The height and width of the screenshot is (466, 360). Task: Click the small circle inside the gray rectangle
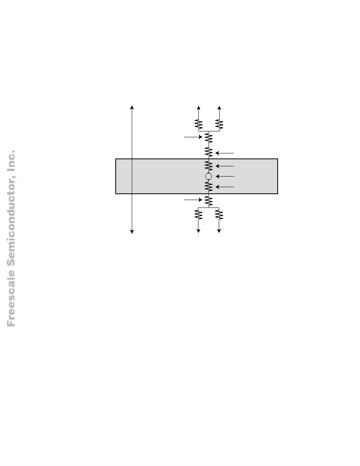[209, 176]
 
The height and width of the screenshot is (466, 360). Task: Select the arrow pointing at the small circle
[225, 176]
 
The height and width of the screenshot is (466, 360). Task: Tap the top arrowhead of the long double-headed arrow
[132, 107]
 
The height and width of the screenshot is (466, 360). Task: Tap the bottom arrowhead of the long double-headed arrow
[132, 232]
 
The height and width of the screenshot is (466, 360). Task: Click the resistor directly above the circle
[209, 166]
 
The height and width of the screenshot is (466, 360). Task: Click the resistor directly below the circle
[209, 187]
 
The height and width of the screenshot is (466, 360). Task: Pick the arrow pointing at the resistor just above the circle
[225, 166]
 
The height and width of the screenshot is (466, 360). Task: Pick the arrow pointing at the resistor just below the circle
[225, 187]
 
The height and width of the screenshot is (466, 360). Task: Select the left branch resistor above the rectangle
[198, 124]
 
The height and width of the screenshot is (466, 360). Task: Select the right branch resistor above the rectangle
[219, 124]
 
